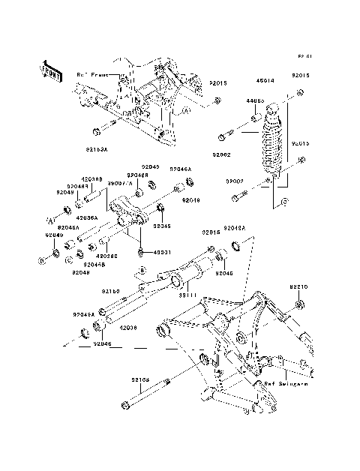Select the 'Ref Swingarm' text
point(280,382)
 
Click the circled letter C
point(68,259)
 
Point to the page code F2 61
point(304,57)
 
